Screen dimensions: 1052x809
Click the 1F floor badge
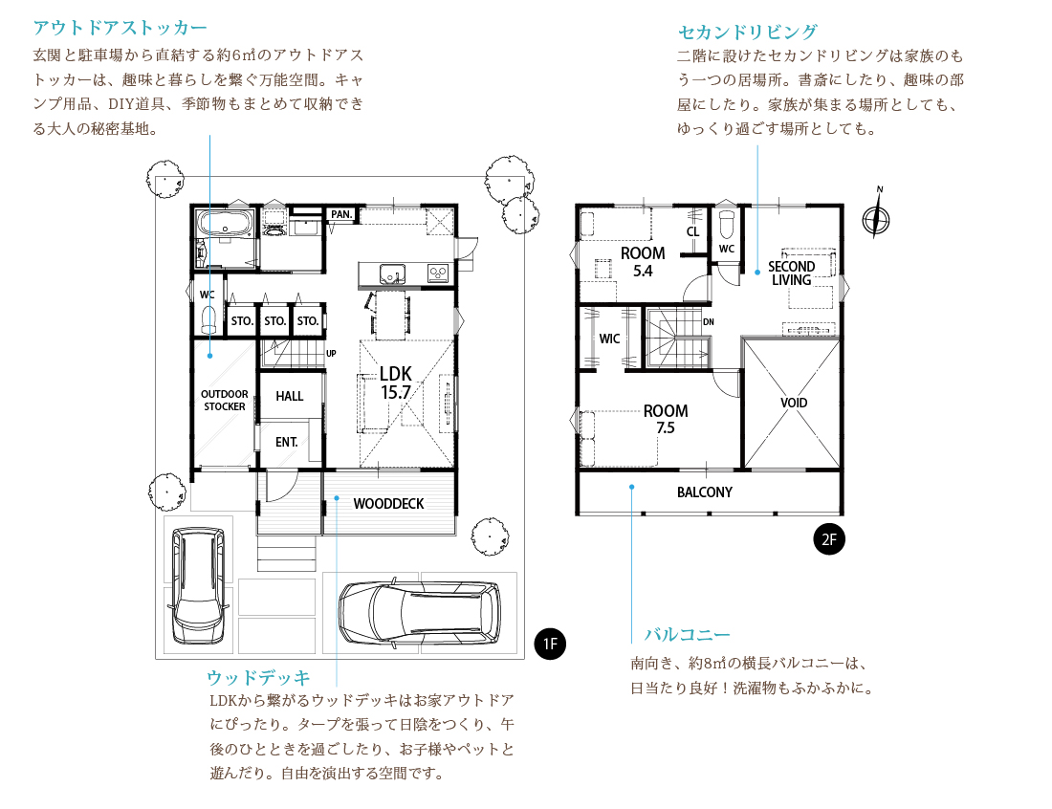(550, 644)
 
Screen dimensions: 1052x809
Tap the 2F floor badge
(829, 539)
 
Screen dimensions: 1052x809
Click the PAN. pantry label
(341, 214)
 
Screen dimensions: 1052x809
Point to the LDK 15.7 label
(396, 383)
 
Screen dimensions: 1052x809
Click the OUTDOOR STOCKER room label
(225, 400)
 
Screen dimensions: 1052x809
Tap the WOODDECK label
(388, 504)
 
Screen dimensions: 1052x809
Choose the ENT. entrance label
(287, 442)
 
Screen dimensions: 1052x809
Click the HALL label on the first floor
(290, 397)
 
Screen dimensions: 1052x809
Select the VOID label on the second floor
(794, 403)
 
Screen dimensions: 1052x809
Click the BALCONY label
(705, 492)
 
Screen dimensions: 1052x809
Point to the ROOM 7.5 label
(666, 419)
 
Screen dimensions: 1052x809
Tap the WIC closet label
(609, 339)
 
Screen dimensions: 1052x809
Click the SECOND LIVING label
(792, 273)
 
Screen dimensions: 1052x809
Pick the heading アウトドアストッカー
(121, 28)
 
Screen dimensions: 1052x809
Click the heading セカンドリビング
(748, 32)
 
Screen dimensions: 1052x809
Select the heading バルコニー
(687, 634)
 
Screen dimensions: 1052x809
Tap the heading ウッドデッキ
(258, 677)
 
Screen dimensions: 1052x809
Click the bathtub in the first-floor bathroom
(225, 223)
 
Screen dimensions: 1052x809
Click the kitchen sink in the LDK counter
(392, 273)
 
